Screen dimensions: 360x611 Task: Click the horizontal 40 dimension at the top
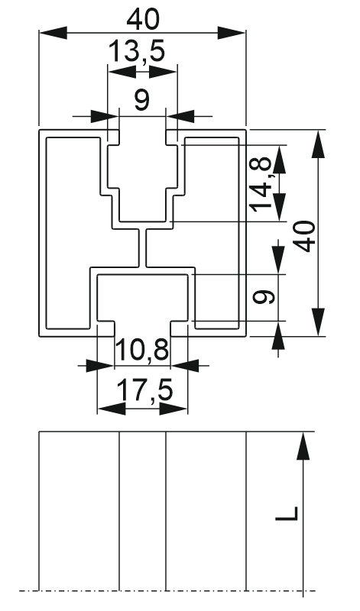pyautogui.click(x=143, y=20)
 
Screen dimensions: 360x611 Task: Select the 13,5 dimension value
pyautogui.click(x=137, y=51)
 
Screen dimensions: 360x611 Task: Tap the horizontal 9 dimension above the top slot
pyautogui.click(x=141, y=100)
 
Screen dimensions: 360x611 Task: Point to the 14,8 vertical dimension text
pyautogui.click(x=261, y=184)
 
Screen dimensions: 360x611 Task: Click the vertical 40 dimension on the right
pyautogui.click(x=305, y=237)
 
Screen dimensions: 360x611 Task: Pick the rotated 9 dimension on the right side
pyautogui.click(x=264, y=298)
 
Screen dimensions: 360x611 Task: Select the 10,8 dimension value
pyautogui.click(x=142, y=350)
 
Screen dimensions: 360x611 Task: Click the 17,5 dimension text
pyautogui.click(x=144, y=391)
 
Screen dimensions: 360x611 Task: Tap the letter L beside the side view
pyautogui.click(x=287, y=513)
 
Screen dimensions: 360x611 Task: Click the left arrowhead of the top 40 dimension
pyautogui.click(x=53, y=33)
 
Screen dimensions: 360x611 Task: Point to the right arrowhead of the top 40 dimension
pyautogui.click(x=232, y=33)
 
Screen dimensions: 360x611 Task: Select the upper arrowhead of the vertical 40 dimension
pyautogui.click(x=319, y=144)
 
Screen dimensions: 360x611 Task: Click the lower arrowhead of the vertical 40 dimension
pyautogui.click(x=319, y=322)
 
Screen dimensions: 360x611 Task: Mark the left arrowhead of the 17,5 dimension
pyautogui.click(x=111, y=409)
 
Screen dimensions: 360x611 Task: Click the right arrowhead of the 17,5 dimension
pyautogui.click(x=174, y=409)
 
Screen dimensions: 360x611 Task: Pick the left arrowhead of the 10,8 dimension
pyautogui.click(x=100, y=366)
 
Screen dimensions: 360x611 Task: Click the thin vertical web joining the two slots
pyautogui.click(x=142, y=248)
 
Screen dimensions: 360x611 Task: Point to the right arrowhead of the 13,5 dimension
pyautogui.click(x=164, y=72)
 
